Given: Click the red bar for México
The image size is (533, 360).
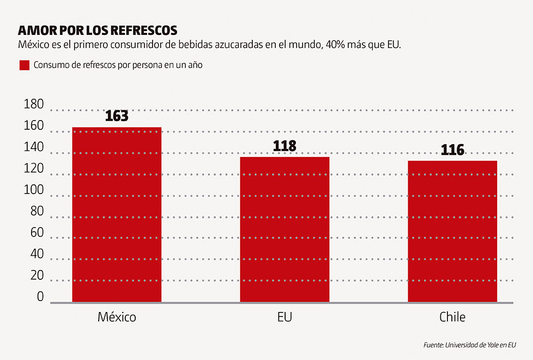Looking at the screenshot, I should (x=117, y=214).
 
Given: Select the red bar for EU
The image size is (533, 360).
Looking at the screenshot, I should (x=284, y=229).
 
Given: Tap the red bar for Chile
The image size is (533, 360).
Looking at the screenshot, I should (x=452, y=231).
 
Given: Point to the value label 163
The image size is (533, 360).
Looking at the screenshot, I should (x=117, y=116).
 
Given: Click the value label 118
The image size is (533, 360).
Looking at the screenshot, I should (x=284, y=146).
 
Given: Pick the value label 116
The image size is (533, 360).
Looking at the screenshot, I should (x=452, y=150).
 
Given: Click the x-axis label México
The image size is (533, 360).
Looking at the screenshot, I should (x=117, y=317).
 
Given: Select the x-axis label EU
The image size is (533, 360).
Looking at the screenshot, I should (x=284, y=317).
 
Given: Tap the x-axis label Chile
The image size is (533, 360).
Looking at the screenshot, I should (x=452, y=317).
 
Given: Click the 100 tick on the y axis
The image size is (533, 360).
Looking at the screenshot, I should (x=34, y=190).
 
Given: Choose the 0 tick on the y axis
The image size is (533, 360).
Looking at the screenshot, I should (x=40, y=297).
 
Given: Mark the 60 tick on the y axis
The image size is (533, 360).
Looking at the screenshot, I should (x=37, y=233).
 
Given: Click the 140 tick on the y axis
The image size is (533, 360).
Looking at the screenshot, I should (x=34, y=148).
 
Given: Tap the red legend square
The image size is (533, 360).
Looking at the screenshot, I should (x=24, y=65).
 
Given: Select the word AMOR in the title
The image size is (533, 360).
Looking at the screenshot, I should (x=34, y=29).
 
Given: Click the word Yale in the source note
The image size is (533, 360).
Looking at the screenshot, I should (x=489, y=345).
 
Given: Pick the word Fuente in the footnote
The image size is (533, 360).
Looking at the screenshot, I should (x=433, y=345).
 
